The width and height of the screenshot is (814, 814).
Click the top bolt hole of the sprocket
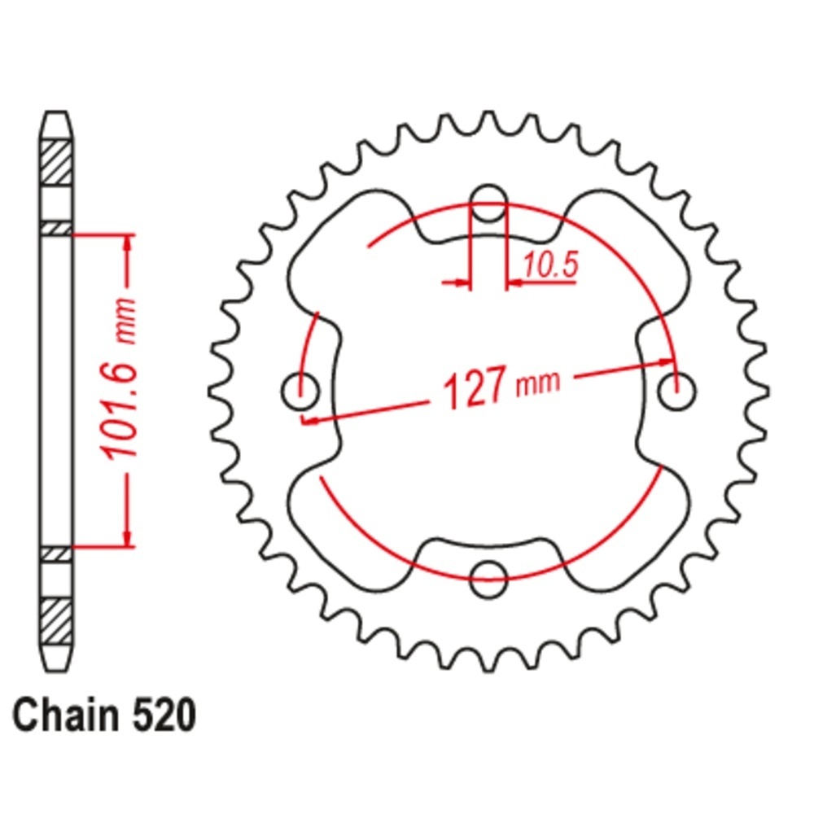pyautogui.click(x=488, y=203)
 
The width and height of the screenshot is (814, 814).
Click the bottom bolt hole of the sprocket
pyautogui.click(x=488, y=579)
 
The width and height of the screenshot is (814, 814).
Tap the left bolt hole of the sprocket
pyautogui.click(x=300, y=391)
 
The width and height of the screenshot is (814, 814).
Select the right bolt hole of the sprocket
pyautogui.click(x=676, y=391)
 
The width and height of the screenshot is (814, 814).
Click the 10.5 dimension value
pyautogui.click(x=551, y=265)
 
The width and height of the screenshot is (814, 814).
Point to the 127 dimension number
pyautogui.click(x=475, y=387)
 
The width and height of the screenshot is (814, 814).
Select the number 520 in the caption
pyautogui.click(x=164, y=716)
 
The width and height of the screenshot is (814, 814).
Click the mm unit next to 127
pyautogui.click(x=539, y=383)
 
